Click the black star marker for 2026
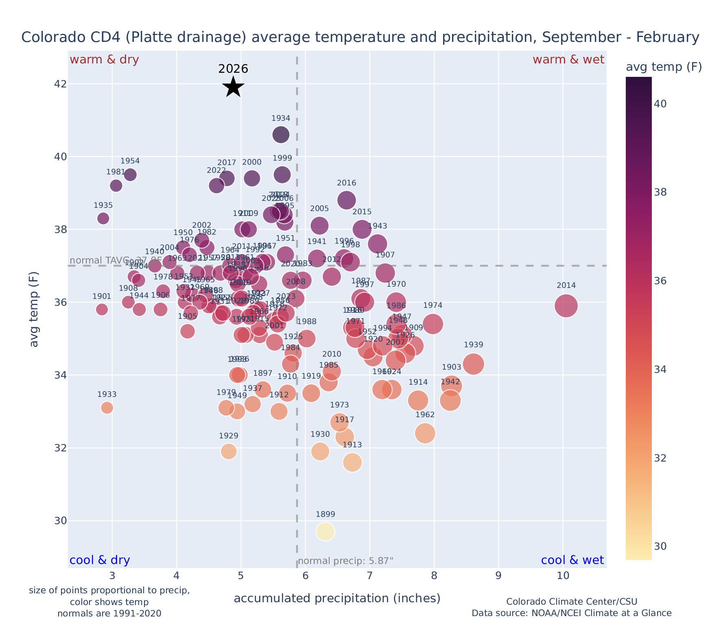pyautogui.click(x=233, y=87)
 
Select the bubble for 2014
pyautogui.click(x=566, y=306)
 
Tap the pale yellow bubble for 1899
pyautogui.click(x=325, y=531)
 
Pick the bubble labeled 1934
pyautogui.click(x=281, y=135)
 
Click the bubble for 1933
pyautogui.click(x=107, y=407)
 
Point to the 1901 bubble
pyautogui.click(x=102, y=309)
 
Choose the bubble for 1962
pyautogui.click(x=425, y=433)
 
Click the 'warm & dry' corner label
pyautogui.click(x=105, y=60)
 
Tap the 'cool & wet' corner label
pyautogui.click(x=572, y=560)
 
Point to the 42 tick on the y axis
pyautogui.click(x=56, y=84)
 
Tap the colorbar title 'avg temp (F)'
pyautogui.click(x=664, y=67)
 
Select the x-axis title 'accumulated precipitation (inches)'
pyautogui.click(x=337, y=598)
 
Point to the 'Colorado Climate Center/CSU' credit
pyautogui.click(x=571, y=601)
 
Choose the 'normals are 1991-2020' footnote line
pyautogui.click(x=109, y=613)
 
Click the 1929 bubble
pyautogui.click(x=229, y=451)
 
